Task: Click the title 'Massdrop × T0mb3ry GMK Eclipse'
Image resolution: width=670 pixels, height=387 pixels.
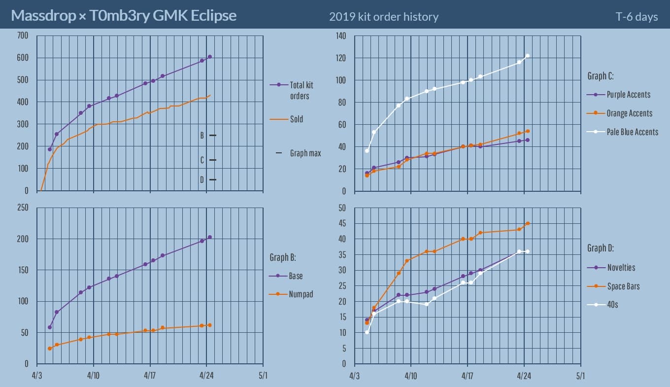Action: [x=124, y=16]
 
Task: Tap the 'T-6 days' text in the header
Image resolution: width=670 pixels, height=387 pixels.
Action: [x=636, y=17]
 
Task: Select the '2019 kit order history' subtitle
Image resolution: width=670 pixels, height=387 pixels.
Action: [x=383, y=17]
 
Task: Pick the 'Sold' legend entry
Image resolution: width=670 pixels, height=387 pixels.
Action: [x=296, y=119]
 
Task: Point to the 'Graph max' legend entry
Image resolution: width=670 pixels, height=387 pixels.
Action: [x=305, y=153]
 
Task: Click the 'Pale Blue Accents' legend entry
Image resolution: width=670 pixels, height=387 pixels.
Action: [x=632, y=132]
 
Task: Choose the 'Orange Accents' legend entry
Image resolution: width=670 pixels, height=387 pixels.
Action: [x=629, y=113]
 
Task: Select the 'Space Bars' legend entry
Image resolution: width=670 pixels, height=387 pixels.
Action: [x=623, y=286]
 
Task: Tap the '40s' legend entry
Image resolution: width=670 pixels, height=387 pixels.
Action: [x=612, y=305]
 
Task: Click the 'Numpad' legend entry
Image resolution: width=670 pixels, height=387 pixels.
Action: [x=301, y=294]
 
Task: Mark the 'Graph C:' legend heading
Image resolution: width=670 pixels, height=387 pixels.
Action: [x=600, y=76]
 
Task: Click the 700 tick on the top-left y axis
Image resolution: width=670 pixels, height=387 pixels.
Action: [x=23, y=35]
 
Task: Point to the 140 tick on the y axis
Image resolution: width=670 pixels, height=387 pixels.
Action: [x=341, y=35]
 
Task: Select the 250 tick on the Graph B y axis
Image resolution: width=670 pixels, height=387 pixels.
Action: [x=23, y=208]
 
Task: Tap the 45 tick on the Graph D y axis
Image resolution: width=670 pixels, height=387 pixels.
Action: [x=343, y=223]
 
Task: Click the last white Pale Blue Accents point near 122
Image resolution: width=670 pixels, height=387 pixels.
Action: [x=527, y=56]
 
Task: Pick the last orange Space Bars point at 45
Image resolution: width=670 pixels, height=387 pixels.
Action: [x=527, y=223]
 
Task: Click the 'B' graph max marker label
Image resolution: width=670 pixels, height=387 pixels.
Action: [x=201, y=135]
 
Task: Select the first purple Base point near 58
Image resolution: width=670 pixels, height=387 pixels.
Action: [x=50, y=327]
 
